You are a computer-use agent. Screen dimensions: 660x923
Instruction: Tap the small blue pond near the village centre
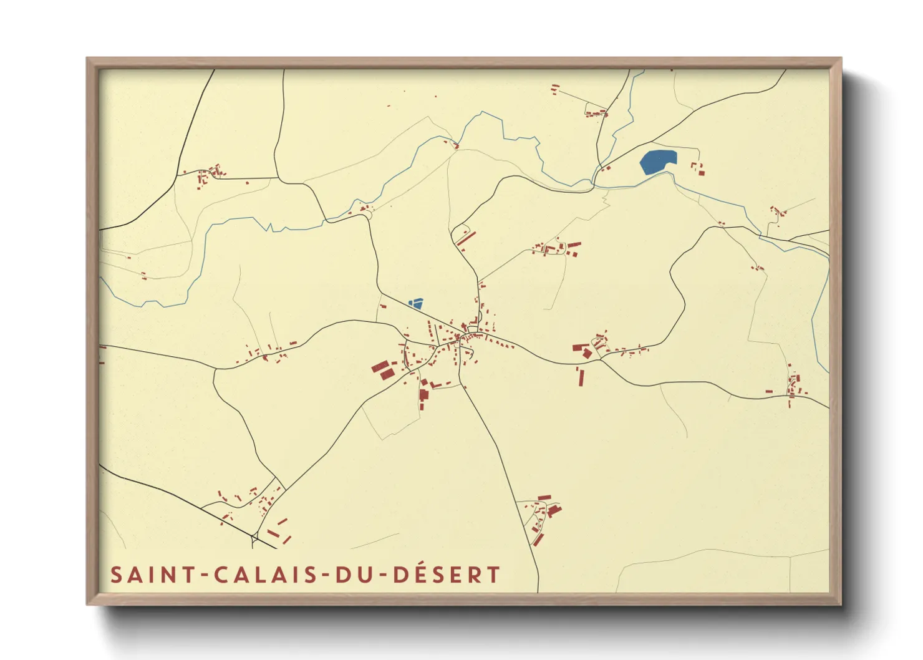pyautogui.click(x=416, y=304)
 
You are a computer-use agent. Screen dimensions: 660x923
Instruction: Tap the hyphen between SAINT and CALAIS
pyautogui.click(x=204, y=575)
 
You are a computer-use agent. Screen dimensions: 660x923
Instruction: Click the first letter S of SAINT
pyautogui.click(x=116, y=575)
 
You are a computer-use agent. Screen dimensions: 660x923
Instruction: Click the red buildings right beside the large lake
pyautogui.click(x=698, y=168)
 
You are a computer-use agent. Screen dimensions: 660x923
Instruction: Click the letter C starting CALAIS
pyautogui.click(x=221, y=575)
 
